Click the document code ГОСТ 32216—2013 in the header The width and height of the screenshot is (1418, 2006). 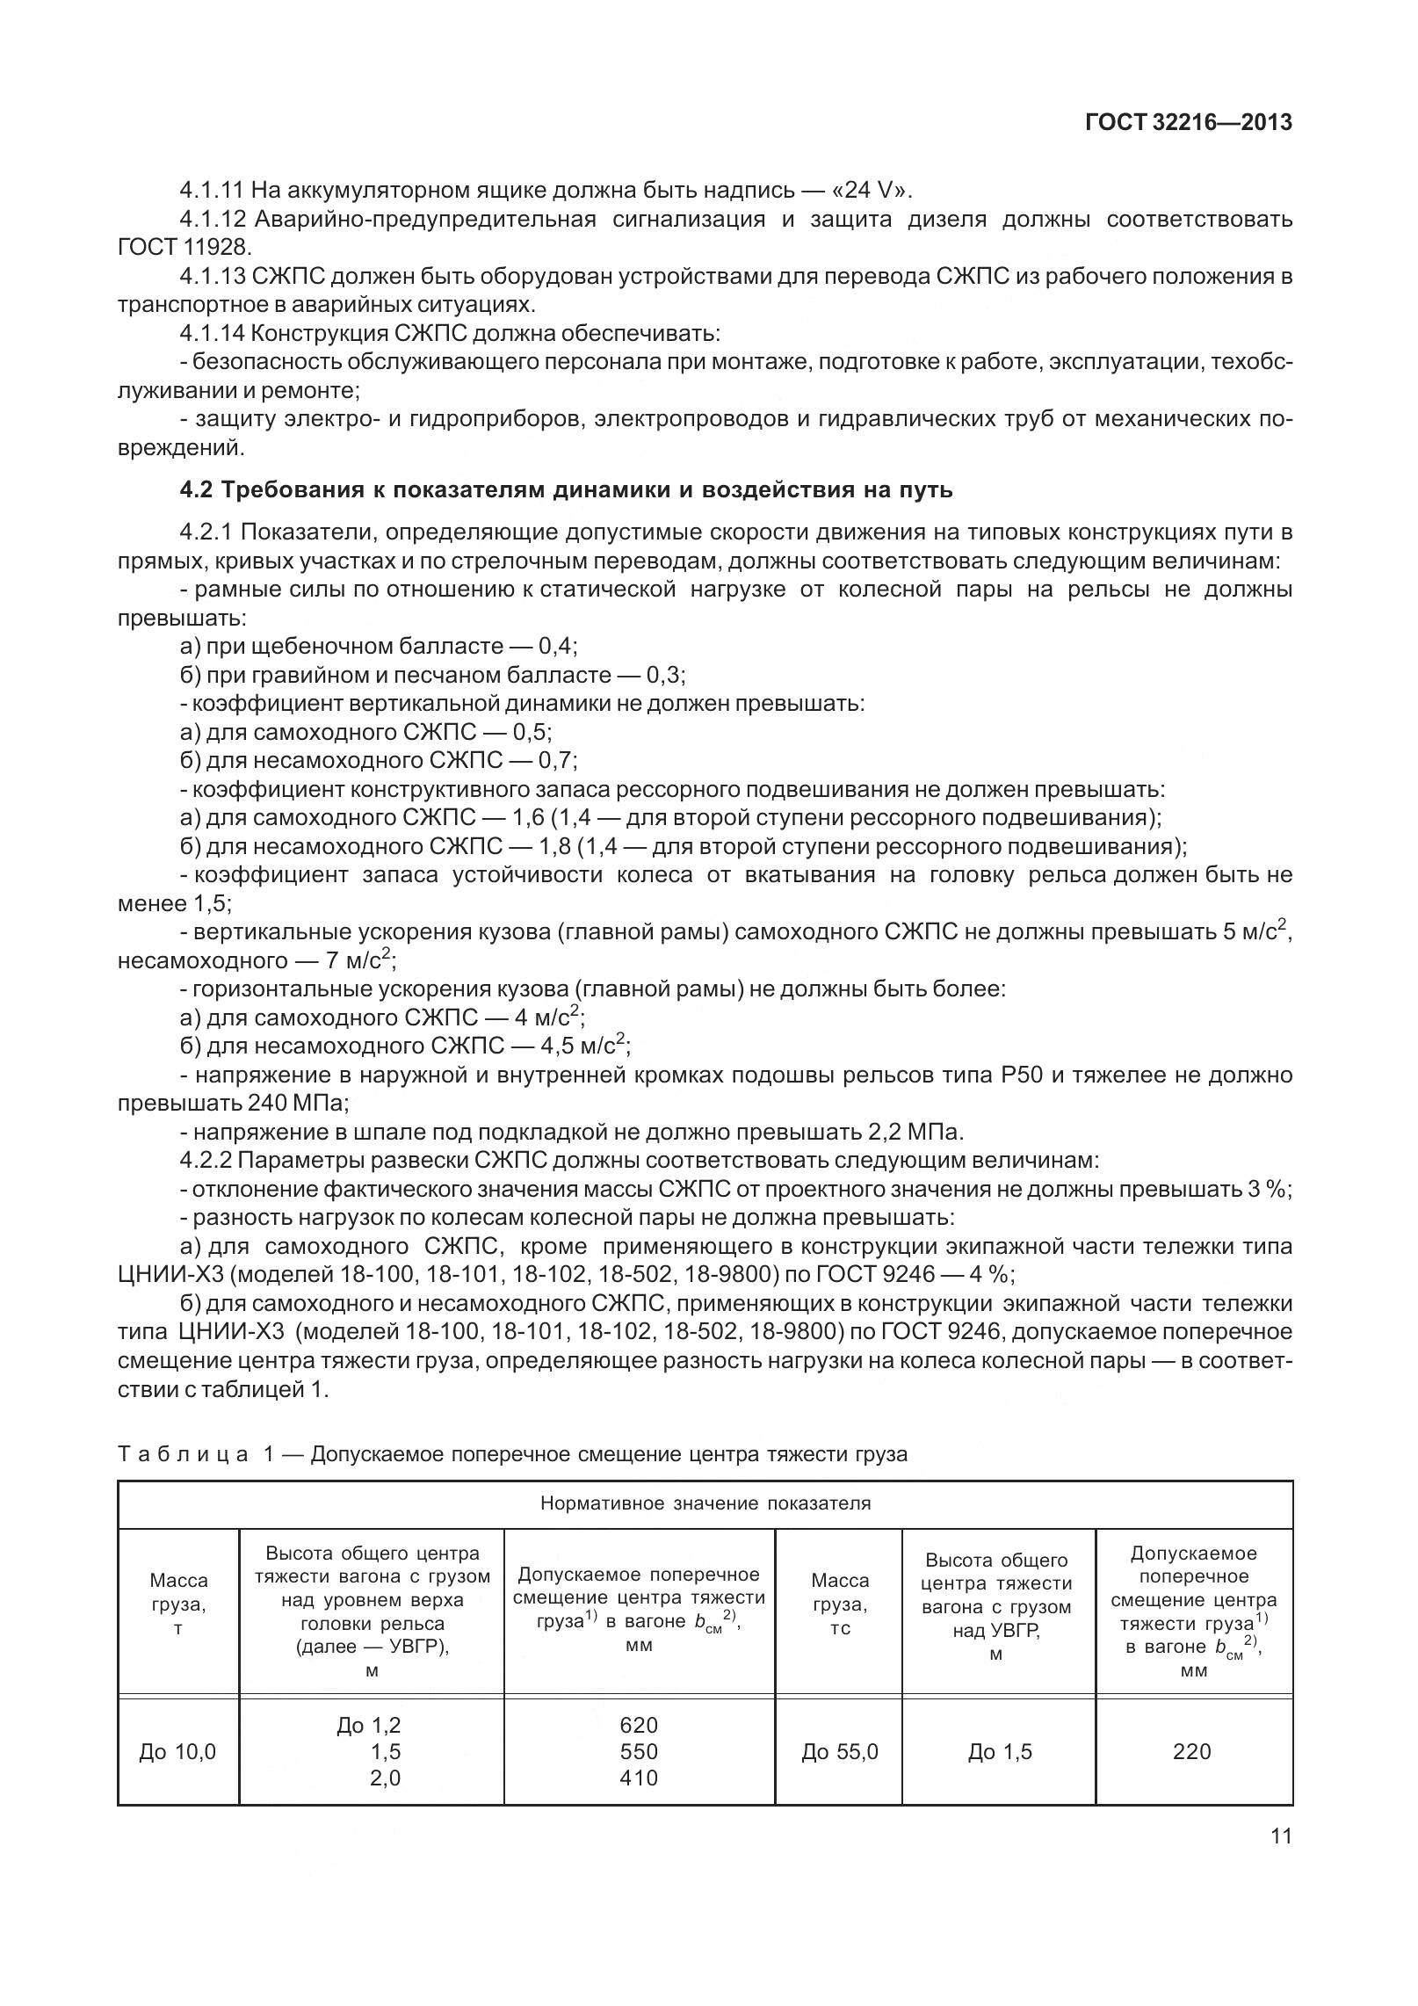[1188, 122]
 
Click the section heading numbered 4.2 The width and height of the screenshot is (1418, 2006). [566, 489]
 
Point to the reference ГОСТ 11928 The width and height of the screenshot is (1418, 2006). [184, 248]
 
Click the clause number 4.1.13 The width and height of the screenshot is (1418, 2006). [212, 277]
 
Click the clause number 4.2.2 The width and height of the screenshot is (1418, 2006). [205, 1160]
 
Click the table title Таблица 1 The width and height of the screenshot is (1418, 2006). [198, 1454]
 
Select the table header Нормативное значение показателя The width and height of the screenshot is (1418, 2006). [705, 1503]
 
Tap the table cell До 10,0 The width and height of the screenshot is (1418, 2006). [177, 1752]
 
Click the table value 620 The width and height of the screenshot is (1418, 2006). [639, 1725]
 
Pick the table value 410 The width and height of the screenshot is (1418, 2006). [639, 1778]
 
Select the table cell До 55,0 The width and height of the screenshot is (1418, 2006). [839, 1752]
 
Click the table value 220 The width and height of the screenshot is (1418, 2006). [1191, 1751]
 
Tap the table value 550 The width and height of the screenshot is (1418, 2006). [639, 1751]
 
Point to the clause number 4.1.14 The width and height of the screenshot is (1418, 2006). [212, 334]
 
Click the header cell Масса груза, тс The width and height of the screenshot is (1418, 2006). [839, 1604]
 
